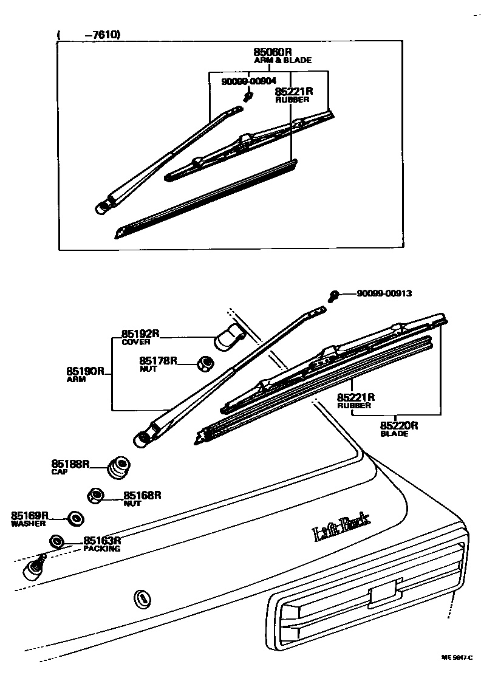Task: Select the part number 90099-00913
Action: (384, 293)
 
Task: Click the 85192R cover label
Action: (140, 334)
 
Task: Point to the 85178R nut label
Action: (158, 361)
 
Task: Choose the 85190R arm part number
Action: (86, 371)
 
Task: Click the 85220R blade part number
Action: (400, 425)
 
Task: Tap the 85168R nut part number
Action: (142, 495)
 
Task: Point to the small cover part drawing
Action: (230, 337)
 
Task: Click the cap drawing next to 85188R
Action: (118, 468)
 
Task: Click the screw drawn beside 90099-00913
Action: (333, 296)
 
